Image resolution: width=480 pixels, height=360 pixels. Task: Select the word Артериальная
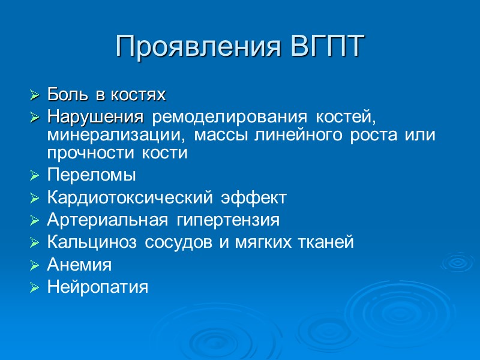click(x=107, y=220)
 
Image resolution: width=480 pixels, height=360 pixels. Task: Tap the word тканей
click(x=328, y=242)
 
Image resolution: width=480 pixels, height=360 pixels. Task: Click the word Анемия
click(x=79, y=264)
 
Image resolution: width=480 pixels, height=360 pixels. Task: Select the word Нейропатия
click(x=97, y=287)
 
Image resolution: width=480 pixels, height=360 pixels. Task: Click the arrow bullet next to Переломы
click(x=35, y=176)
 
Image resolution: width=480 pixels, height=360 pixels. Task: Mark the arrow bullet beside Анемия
click(x=35, y=265)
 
